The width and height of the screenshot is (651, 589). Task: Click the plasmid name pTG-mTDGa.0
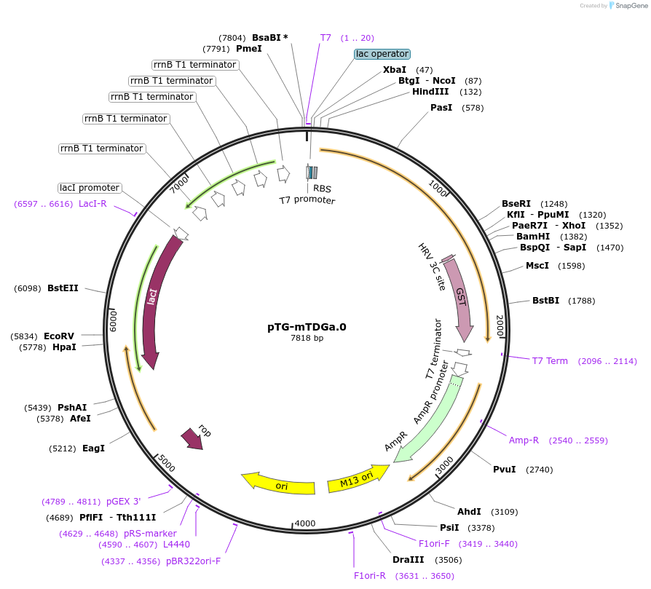307,327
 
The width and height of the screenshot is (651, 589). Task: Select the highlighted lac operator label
382,54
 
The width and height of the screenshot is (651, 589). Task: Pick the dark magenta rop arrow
193,438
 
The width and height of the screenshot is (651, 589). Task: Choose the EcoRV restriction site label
59,336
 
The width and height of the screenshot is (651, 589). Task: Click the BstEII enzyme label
63,288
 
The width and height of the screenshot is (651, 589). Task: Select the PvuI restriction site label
504,469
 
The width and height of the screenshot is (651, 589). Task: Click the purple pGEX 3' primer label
123,501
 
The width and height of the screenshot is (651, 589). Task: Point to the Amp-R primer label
524,440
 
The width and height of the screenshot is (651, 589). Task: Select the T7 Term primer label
550,361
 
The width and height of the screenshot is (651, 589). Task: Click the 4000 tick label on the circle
305,523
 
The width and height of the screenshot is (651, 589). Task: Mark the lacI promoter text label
90,188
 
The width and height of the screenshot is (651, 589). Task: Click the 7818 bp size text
307,339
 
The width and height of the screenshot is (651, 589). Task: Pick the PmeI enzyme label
248,49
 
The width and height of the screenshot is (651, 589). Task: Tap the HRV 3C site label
431,267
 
